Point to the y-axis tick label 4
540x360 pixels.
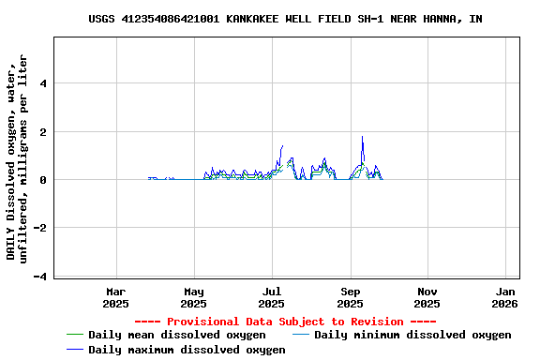click(44, 83)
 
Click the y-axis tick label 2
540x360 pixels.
click(44, 132)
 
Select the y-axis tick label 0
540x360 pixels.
click(44, 180)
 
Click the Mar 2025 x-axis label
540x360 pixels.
click(115, 297)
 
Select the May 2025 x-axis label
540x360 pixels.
click(193, 297)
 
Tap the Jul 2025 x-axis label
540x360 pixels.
click(271, 297)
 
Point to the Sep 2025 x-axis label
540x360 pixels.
click(350, 297)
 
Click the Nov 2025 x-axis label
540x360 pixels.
click(427, 297)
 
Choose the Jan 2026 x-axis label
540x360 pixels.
click(504, 297)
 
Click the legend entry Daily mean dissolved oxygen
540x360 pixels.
click(176, 335)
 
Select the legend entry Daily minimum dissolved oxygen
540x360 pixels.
click(412, 335)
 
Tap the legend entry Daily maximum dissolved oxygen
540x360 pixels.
click(187, 350)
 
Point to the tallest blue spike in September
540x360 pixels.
click(362, 137)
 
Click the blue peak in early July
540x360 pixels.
click(282, 146)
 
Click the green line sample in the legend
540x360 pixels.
click(75, 335)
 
